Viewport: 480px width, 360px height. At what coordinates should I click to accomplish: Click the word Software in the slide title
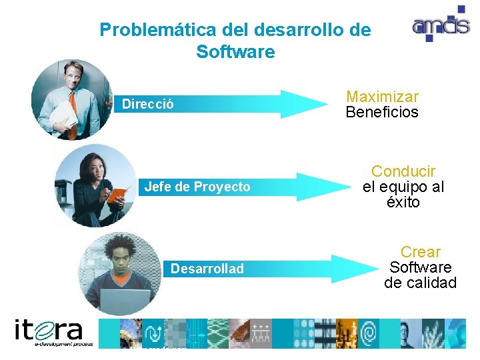(x=235, y=52)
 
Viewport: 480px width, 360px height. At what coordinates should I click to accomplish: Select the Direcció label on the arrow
(x=147, y=104)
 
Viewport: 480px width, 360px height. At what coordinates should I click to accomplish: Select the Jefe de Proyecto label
(x=197, y=187)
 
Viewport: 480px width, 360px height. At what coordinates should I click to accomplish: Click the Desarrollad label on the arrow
(x=207, y=269)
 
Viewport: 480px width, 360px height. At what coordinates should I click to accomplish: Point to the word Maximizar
(x=382, y=97)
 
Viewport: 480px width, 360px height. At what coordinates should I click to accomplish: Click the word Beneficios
(x=382, y=112)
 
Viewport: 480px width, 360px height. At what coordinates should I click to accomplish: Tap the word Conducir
(x=403, y=171)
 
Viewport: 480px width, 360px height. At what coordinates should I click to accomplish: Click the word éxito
(x=403, y=203)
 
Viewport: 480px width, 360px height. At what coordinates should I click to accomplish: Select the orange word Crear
(x=420, y=252)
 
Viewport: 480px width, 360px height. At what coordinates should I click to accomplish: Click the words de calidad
(x=420, y=283)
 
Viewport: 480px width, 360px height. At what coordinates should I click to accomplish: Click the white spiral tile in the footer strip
(x=367, y=333)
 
